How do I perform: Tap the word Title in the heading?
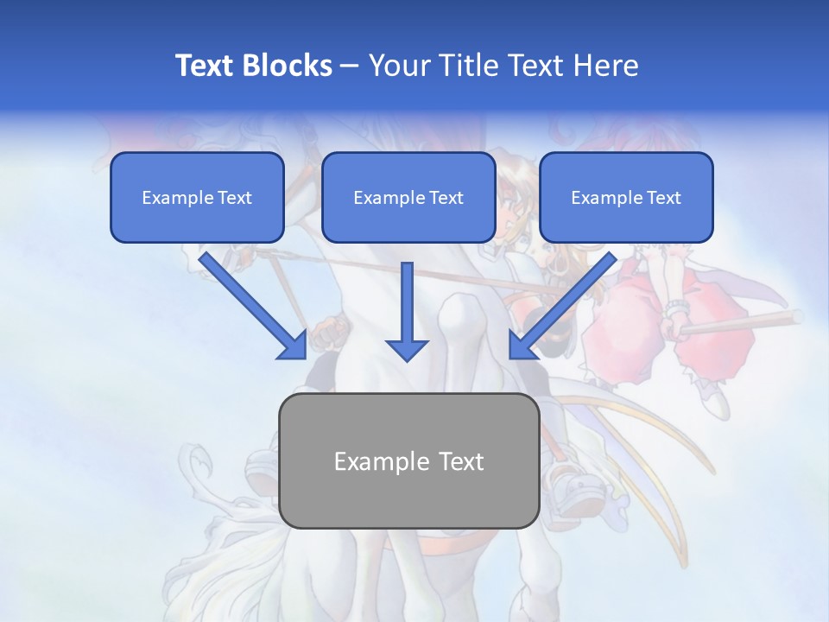(466, 66)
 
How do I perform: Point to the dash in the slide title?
(350, 67)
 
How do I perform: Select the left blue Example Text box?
(197, 197)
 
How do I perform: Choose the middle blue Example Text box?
(408, 197)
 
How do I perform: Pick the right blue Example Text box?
(626, 197)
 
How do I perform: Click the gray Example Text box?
(408, 460)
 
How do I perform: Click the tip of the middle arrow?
(407, 358)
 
